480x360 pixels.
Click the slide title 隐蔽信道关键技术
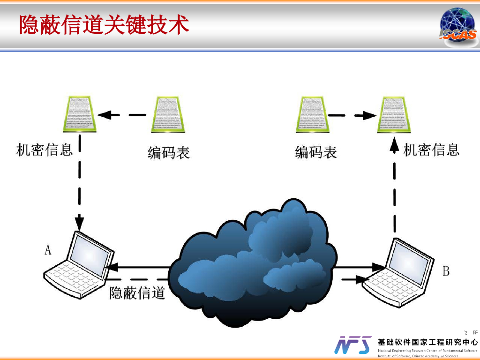[x=104, y=24]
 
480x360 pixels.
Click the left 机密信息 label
[x=45, y=150]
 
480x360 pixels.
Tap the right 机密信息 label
[x=431, y=150]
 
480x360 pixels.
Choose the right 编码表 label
[x=315, y=152]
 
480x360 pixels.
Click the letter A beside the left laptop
[x=48, y=250]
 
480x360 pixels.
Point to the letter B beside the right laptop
[x=446, y=271]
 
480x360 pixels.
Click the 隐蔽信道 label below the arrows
[x=137, y=293]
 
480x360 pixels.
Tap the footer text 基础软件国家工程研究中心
[x=427, y=343]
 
